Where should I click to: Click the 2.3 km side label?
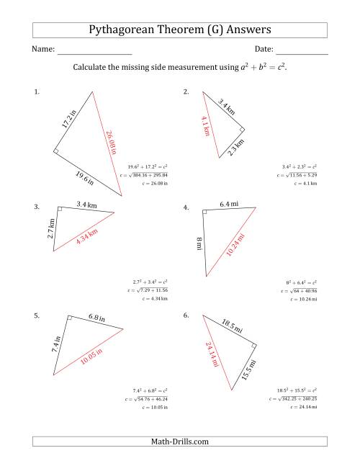coord(235,149)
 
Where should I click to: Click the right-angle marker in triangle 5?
coord(70,318)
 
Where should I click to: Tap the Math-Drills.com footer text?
coord(180,441)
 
